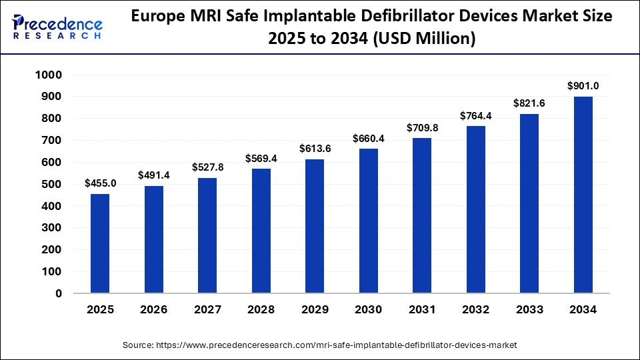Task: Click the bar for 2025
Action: coord(100,243)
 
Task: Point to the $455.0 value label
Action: coord(100,183)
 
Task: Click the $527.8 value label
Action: coord(207,167)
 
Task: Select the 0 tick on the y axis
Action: coord(59,293)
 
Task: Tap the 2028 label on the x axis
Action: coord(260,310)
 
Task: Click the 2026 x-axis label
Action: coord(153,310)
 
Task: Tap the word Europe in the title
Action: coord(159,17)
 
